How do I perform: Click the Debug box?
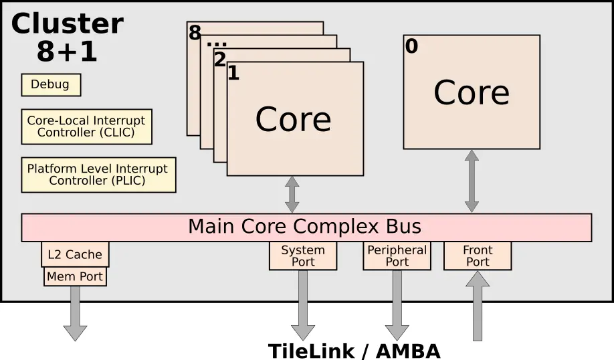pos(51,84)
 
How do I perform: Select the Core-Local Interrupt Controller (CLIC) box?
pos(86,126)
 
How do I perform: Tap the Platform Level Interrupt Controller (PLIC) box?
pos(99,175)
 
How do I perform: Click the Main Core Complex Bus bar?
pos(306,228)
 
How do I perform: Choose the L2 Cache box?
pos(75,254)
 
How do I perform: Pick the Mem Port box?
pos(75,276)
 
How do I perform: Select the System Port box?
pos(303,256)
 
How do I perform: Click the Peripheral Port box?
pos(397,256)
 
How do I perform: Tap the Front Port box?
pos(478,256)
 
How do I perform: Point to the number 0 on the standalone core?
pos(411,46)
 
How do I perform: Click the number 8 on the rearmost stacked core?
pos(195,33)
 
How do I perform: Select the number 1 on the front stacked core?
pos(233,73)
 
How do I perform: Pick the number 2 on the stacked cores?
pos(220,59)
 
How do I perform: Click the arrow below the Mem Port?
pos(75,313)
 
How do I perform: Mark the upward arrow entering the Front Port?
pos(478,306)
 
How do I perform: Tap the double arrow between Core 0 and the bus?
pos(472,181)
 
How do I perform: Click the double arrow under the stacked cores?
pos(292,195)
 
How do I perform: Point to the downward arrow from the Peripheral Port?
pos(397,305)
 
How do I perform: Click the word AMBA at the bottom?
pos(408,351)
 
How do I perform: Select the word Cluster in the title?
pos(68,23)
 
